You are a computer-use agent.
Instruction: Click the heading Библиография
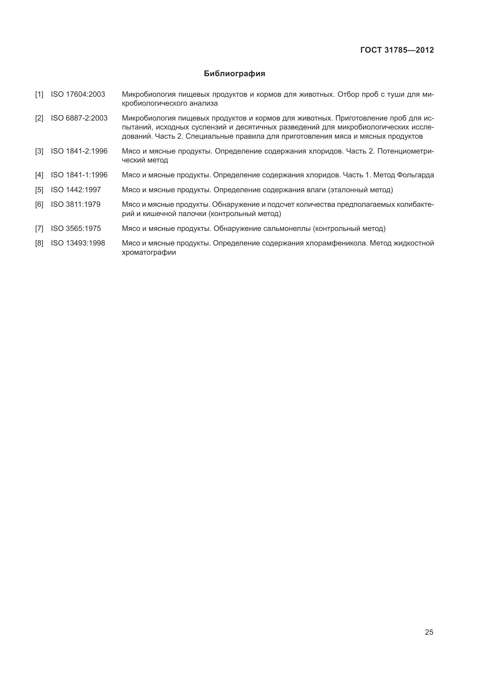pyautogui.click(x=234, y=74)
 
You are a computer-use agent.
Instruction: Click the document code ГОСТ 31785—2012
pyautogui.click(x=397, y=50)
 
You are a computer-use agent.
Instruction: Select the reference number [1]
pyautogui.click(x=39, y=95)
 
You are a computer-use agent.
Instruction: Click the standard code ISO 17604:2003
pyautogui.click(x=78, y=95)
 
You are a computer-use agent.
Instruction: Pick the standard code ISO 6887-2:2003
pyautogui.click(x=79, y=118)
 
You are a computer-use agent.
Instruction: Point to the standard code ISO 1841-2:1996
pyautogui.click(x=79, y=151)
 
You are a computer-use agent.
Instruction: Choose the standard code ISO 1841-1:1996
pyautogui.click(x=79, y=175)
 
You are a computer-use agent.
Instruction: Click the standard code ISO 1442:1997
pyautogui.click(x=76, y=190)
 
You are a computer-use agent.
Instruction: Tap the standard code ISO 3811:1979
pyautogui.click(x=76, y=205)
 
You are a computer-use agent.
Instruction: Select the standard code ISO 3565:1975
pyautogui.click(x=76, y=229)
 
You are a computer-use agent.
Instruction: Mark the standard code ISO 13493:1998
pyautogui.click(x=78, y=243)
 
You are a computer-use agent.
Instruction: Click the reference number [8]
pyautogui.click(x=39, y=243)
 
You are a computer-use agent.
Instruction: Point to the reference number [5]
pyautogui.click(x=39, y=190)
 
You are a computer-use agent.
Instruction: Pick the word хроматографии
pyautogui.click(x=149, y=252)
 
